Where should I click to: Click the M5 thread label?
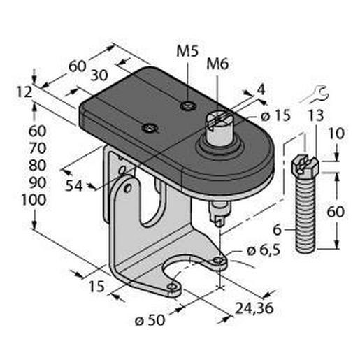click(x=187, y=52)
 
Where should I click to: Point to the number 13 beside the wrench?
click(x=316, y=115)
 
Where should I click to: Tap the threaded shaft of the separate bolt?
click(x=305, y=213)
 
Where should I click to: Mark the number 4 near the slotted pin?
click(x=261, y=89)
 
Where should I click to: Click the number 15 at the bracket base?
click(x=97, y=285)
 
